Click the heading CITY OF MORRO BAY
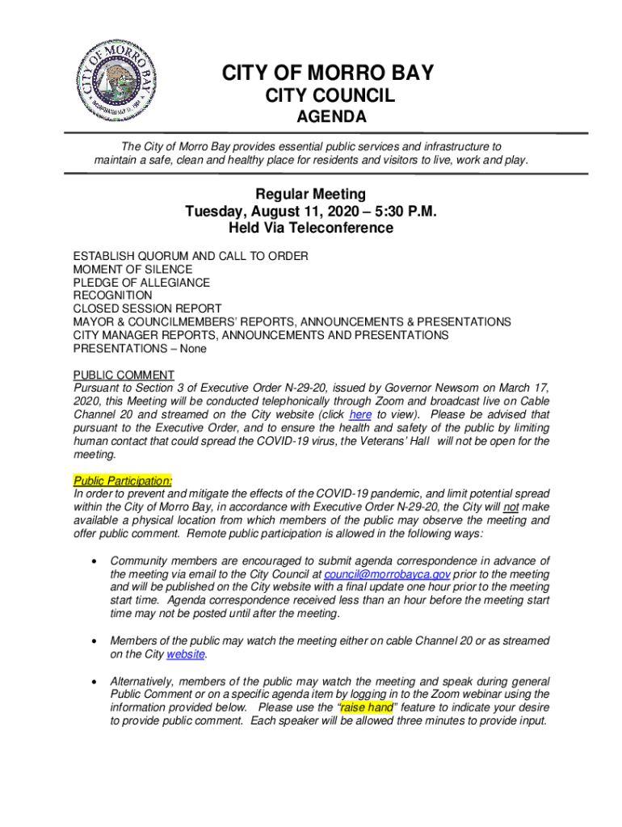[328, 73]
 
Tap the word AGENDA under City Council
[330, 118]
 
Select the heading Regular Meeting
[311, 194]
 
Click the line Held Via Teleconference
[311, 229]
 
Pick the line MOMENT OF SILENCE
[132, 269]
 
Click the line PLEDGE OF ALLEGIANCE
[141, 283]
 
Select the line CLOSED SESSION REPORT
[147, 309]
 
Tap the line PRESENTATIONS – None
[140, 348]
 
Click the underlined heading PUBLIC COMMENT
[124, 375]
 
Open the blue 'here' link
[360, 414]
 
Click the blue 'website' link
[185, 654]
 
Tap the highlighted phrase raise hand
[367, 707]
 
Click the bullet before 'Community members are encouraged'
[95, 561]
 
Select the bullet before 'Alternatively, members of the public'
[95, 681]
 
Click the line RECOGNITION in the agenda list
[112, 296]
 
